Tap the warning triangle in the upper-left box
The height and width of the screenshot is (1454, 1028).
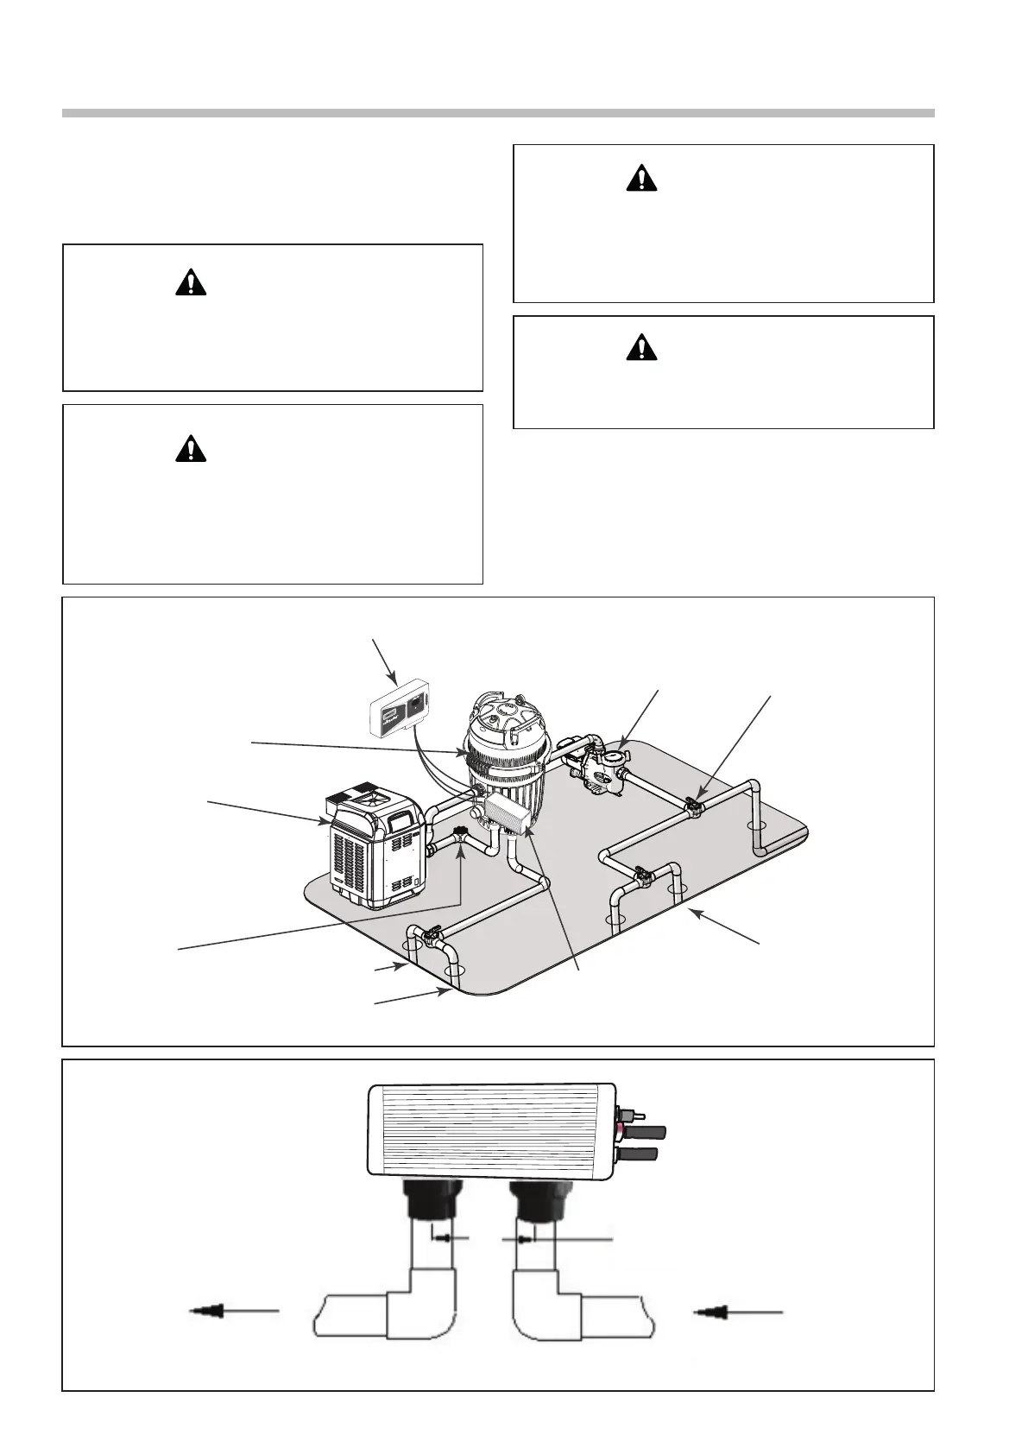[x=191, y=282]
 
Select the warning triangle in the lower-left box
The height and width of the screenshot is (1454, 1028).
[x=191, y=448]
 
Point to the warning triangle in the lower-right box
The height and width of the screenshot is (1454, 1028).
[x=641, y=347]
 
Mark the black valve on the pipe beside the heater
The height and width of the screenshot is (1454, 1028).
[x=461, y=833]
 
